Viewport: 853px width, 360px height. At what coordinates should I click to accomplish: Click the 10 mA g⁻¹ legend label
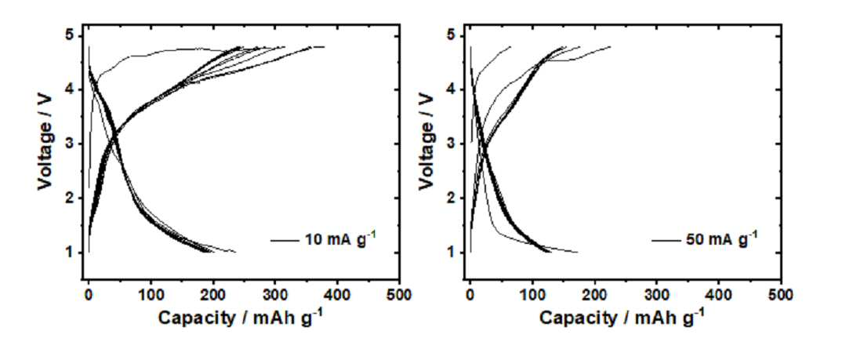pos(337,238)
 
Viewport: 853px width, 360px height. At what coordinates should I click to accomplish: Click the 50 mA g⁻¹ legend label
pos(719,238)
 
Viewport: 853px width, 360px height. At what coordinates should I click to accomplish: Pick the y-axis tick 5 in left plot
pos(71,36)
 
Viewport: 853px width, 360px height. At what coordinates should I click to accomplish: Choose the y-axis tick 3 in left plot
pos(71,144)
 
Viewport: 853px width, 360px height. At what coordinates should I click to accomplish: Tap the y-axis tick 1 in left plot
pos(71,253)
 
